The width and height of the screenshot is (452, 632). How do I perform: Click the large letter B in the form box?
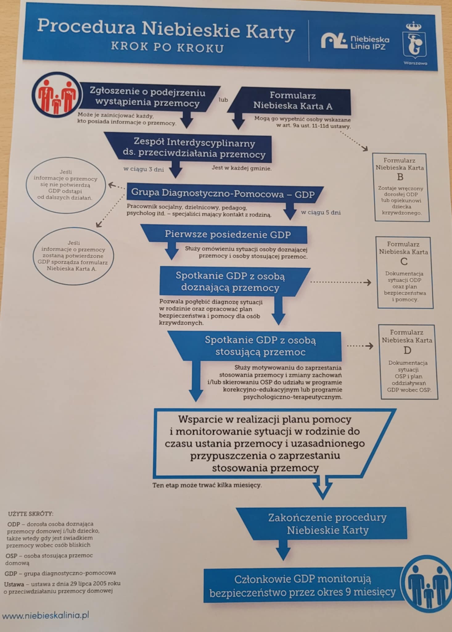(400, 177)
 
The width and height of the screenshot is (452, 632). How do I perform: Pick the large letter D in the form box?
(407, 351)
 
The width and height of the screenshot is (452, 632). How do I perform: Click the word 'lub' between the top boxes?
(223, 100)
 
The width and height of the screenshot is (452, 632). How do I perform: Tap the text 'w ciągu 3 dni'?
(144, 169)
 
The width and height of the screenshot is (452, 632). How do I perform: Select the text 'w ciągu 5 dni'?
(321, 212)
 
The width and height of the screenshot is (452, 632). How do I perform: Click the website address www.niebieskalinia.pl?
(46, 615)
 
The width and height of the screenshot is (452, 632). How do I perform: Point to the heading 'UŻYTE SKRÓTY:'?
(31, 514)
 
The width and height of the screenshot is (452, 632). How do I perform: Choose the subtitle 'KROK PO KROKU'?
(167, 48)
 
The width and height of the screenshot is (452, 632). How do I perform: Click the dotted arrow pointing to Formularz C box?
(341, 282)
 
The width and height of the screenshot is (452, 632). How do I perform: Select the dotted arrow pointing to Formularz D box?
(360, 346)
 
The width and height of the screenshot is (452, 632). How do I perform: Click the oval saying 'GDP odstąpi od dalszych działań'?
(65, 185)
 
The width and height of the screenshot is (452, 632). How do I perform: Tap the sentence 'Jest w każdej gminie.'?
(242, 168)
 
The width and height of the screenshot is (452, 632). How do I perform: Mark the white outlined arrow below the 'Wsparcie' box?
(323, 487)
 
